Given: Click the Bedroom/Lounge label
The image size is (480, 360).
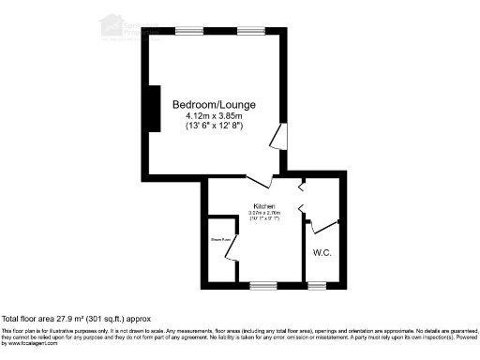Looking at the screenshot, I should [214, 103].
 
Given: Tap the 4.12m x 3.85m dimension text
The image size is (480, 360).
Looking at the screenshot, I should [214, 115].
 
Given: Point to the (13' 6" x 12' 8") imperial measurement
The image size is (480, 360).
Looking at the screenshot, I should [214, 127].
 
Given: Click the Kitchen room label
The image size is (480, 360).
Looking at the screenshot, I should [263, 206].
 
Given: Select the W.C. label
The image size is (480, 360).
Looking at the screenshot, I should [322, 253].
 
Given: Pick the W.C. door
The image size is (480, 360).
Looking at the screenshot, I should [322, 226].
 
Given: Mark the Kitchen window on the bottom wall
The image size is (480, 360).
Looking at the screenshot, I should [263, 283].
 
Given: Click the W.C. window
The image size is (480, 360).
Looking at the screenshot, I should [318, 283].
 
